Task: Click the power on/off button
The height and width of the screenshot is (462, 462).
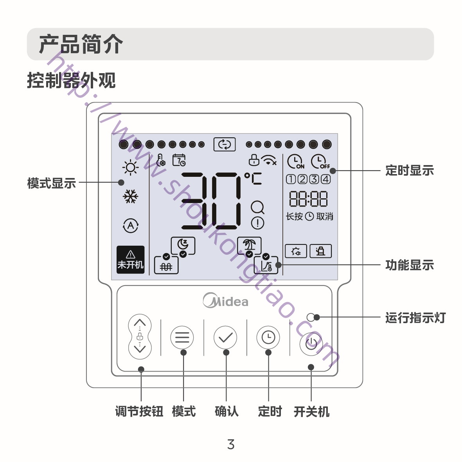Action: coord(311,343)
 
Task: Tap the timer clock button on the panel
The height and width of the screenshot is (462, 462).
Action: coord(268,337)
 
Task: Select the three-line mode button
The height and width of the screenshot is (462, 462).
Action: coord(182,337)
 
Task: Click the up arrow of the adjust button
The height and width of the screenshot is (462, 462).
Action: coord(140,323)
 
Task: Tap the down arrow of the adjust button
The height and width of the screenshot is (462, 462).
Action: coord(140,348)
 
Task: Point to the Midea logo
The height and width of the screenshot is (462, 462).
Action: coord(226,300)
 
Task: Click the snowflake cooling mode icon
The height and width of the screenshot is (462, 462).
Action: coord(130,196)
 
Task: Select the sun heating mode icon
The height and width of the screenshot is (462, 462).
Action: coord(130,168)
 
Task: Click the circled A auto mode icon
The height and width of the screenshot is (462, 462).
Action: coord(130,225)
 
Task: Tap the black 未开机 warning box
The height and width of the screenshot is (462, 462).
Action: coord(130,259)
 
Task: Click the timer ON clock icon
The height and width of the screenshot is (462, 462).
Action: coord(296,161)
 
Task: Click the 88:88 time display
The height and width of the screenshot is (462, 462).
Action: coord(308,199)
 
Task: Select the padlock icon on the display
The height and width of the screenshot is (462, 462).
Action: coord(254,160)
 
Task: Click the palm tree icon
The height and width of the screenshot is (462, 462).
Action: coord(249,245)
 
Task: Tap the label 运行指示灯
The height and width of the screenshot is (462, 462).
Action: coord(415,318)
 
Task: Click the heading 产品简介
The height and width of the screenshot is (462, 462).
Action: coord(81,44)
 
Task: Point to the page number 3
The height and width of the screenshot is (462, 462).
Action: coord(231,444)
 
